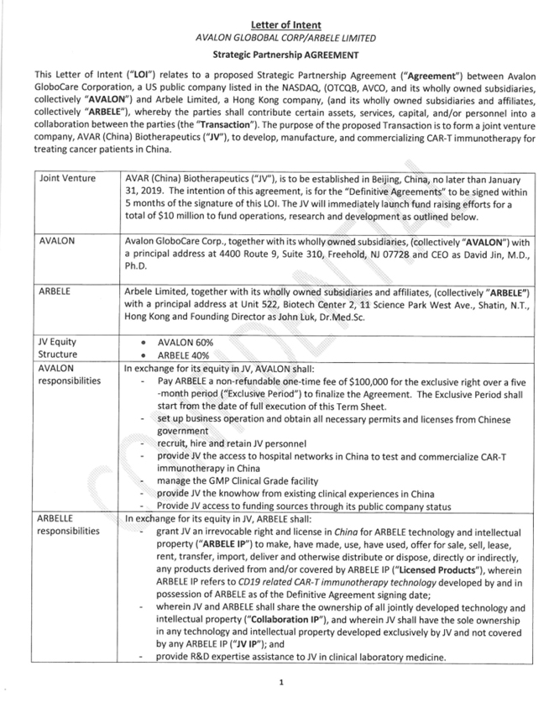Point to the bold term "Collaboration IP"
pyautogui.click(x=285, y=621)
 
